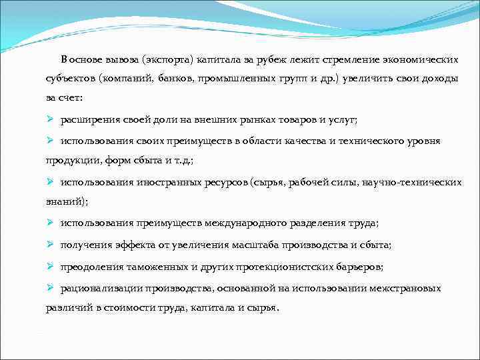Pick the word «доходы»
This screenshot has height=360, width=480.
(439, 79)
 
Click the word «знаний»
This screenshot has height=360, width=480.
(65, 201)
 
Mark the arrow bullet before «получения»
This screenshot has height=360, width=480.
(49, 244)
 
